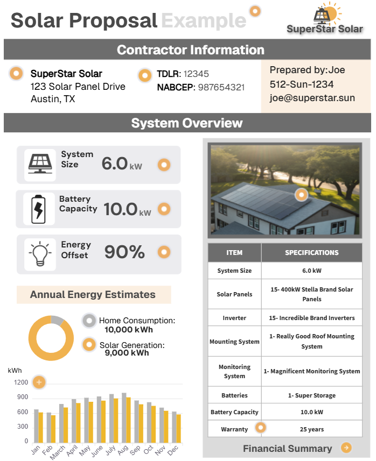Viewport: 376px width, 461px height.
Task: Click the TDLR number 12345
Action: (x=196, y=74)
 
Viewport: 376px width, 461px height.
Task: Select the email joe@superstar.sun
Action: (x=312, y=98)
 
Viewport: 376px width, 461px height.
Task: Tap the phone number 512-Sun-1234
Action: (x=302, y=84)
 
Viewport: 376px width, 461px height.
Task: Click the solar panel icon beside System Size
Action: (x=40, y=165)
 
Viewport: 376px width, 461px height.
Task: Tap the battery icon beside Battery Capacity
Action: (x=39, y=209)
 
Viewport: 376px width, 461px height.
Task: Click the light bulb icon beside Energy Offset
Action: (x=40, y=253)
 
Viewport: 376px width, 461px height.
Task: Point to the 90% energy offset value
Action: (x=124, y=252)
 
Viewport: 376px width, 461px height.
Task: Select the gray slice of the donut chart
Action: (x=57, y=320)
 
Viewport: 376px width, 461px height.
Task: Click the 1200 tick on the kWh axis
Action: (x=22, y=383)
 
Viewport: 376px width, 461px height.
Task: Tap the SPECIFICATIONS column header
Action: (x=311, y=252)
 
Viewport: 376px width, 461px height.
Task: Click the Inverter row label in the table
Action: (x=234, y=318)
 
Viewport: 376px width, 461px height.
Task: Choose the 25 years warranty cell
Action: (x=311, y=429)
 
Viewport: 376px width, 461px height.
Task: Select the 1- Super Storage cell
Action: (x=311, y=395)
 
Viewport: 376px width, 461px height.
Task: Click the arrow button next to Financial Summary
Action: (x=346, y=448)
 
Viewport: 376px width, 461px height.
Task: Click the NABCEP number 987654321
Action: (x=221, y=87)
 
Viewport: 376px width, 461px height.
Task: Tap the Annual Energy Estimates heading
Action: (x=93, y=295)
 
